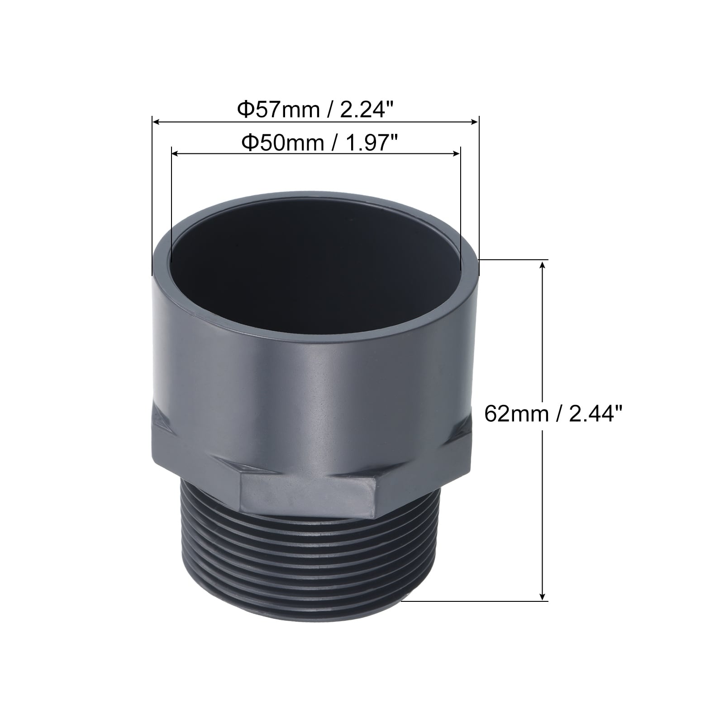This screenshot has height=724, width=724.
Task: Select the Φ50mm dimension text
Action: (x=282, y=143)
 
